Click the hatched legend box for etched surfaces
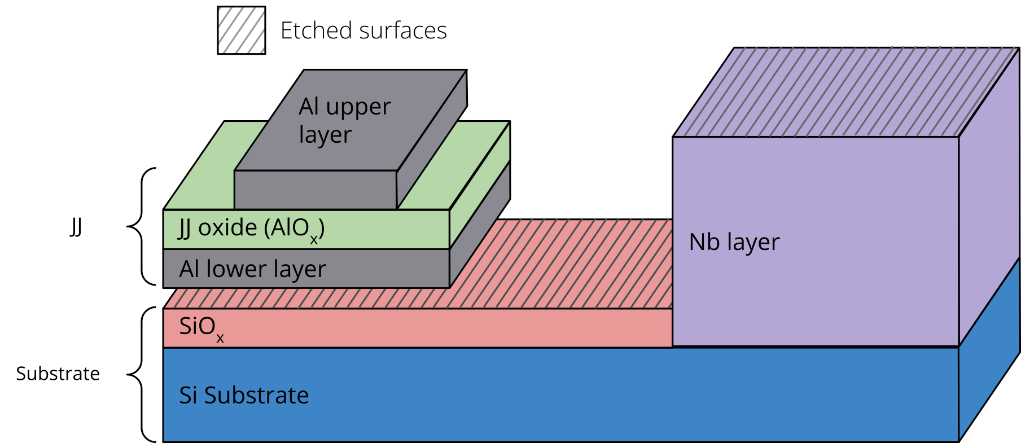(242, 30)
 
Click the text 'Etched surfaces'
(363, 31)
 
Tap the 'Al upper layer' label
(344, 120)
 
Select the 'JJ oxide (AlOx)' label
(252, 229)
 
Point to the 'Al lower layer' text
(252, 269)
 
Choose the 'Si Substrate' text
(244, 395)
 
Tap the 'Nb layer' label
(734, 242)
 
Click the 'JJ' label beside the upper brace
(76, 227)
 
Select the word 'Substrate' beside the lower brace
(58, 374)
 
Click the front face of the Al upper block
(315, 190)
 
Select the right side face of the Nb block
(989, 198)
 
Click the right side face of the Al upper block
(432, 141)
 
